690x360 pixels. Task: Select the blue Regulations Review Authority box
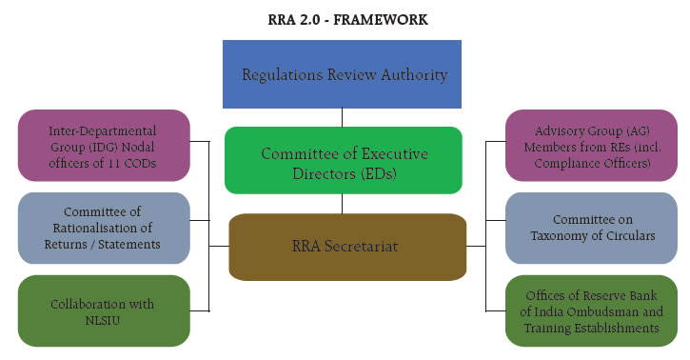pyautogui.click(x=342, y=73)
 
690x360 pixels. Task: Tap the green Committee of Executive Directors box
pyautogui.click(x=344, y=161)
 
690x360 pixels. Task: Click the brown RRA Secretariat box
pyautogui.click(x=344, y=247)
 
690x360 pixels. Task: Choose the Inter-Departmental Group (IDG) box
pyautogui.click(x=103, y=144)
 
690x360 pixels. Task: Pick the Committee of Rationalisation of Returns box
pyautogui.click(x=103, y=228)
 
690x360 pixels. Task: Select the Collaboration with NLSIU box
pyautogui.click(x=103, y=310)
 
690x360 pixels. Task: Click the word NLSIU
pyautogui.click(x=103, y=319)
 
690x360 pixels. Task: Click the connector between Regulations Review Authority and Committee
pyautogui.click(x=343, y=117)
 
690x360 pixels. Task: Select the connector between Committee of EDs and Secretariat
pyautogui.click(x=343, y=204)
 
